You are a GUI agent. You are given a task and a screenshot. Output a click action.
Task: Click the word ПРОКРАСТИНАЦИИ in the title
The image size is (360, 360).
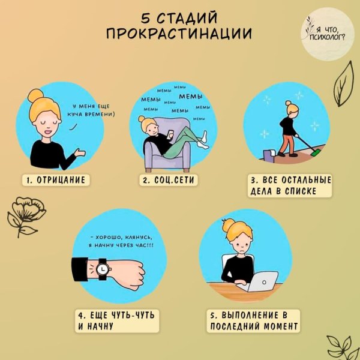pyautogui.click(x=179, y=34)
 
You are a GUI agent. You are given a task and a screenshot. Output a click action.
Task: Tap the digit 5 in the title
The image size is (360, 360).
pyautogui.click(x=146, y=18)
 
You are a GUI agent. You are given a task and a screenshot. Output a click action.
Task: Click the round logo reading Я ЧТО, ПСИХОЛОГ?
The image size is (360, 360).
pyautogui.click(x=328, y=34)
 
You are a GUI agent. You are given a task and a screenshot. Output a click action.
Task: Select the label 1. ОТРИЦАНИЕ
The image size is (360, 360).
pyautogui.click(x=56, y=180)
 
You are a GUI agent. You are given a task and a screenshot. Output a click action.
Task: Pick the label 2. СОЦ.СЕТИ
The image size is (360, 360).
pyautogui.click(x=168, y=180)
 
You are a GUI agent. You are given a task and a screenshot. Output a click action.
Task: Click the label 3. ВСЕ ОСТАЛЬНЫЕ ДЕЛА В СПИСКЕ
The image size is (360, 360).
pyautogui.click(x=290, y=185)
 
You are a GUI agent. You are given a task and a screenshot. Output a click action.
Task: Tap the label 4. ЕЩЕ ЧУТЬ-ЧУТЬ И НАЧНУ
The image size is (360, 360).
pyautogui.click(x=117, y=321)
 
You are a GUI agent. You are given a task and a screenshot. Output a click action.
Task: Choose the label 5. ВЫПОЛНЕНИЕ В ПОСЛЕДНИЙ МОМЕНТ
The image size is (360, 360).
pyautogui.click(x=253, y=321)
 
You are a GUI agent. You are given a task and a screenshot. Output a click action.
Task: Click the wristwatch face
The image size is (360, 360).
pyautogui.click(x=102, y=269)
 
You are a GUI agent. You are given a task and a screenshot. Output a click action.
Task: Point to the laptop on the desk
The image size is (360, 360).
pyautogui.click(x=259, y=281)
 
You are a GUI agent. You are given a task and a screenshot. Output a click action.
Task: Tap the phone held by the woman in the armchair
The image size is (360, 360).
pyautogui.click(x=171, y=134)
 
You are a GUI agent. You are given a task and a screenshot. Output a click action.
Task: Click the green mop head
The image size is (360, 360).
pyautogui.click(x=317, y=152)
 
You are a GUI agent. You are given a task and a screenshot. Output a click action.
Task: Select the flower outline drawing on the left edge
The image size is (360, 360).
pyautogui.click(x=26, y=216)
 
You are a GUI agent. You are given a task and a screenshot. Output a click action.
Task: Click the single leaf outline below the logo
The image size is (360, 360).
pyautogui.click(x=343, y=84)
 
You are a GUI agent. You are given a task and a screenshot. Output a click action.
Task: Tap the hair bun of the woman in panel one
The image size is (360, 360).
pyautogui.click(x=35, y=95)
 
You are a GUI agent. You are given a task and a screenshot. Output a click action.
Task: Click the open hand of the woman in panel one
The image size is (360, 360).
pyautogui.click(x=80, y=152)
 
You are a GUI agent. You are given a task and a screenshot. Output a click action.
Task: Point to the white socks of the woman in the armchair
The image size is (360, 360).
pyautogui.click(x=203, y=140)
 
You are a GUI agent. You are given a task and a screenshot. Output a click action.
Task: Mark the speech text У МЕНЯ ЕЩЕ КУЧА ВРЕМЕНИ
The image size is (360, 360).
pyautogui.click(x=91, y=110)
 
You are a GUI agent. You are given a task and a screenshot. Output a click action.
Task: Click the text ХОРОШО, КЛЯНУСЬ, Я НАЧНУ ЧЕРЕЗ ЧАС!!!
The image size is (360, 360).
pyautogui.click(x=121, y=241)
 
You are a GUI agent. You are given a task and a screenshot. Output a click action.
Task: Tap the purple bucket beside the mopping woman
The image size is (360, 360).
pyautogui.click(x=268, y=155)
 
